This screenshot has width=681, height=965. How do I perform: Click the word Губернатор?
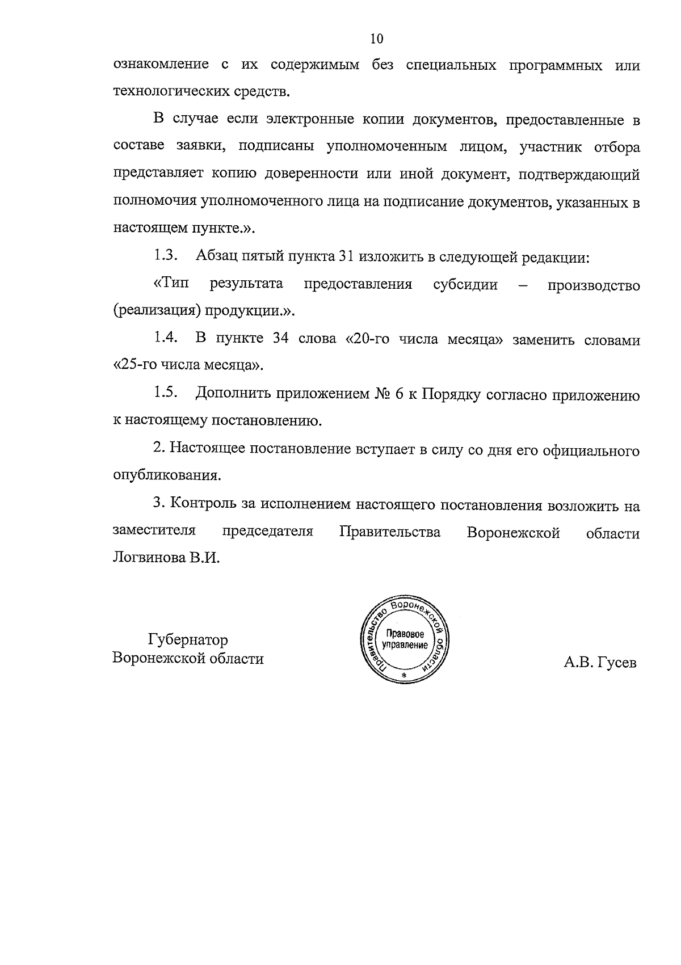(188, 640)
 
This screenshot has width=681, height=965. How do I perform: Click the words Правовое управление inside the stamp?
(404, 639)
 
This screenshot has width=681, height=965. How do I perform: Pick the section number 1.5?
(165, 394)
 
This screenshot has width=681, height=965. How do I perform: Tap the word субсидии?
(465, 284)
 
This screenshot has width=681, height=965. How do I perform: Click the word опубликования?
(166, 475)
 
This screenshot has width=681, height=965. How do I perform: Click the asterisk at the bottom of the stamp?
(403, 676)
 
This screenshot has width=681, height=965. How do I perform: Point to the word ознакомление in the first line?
(161, 65)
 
